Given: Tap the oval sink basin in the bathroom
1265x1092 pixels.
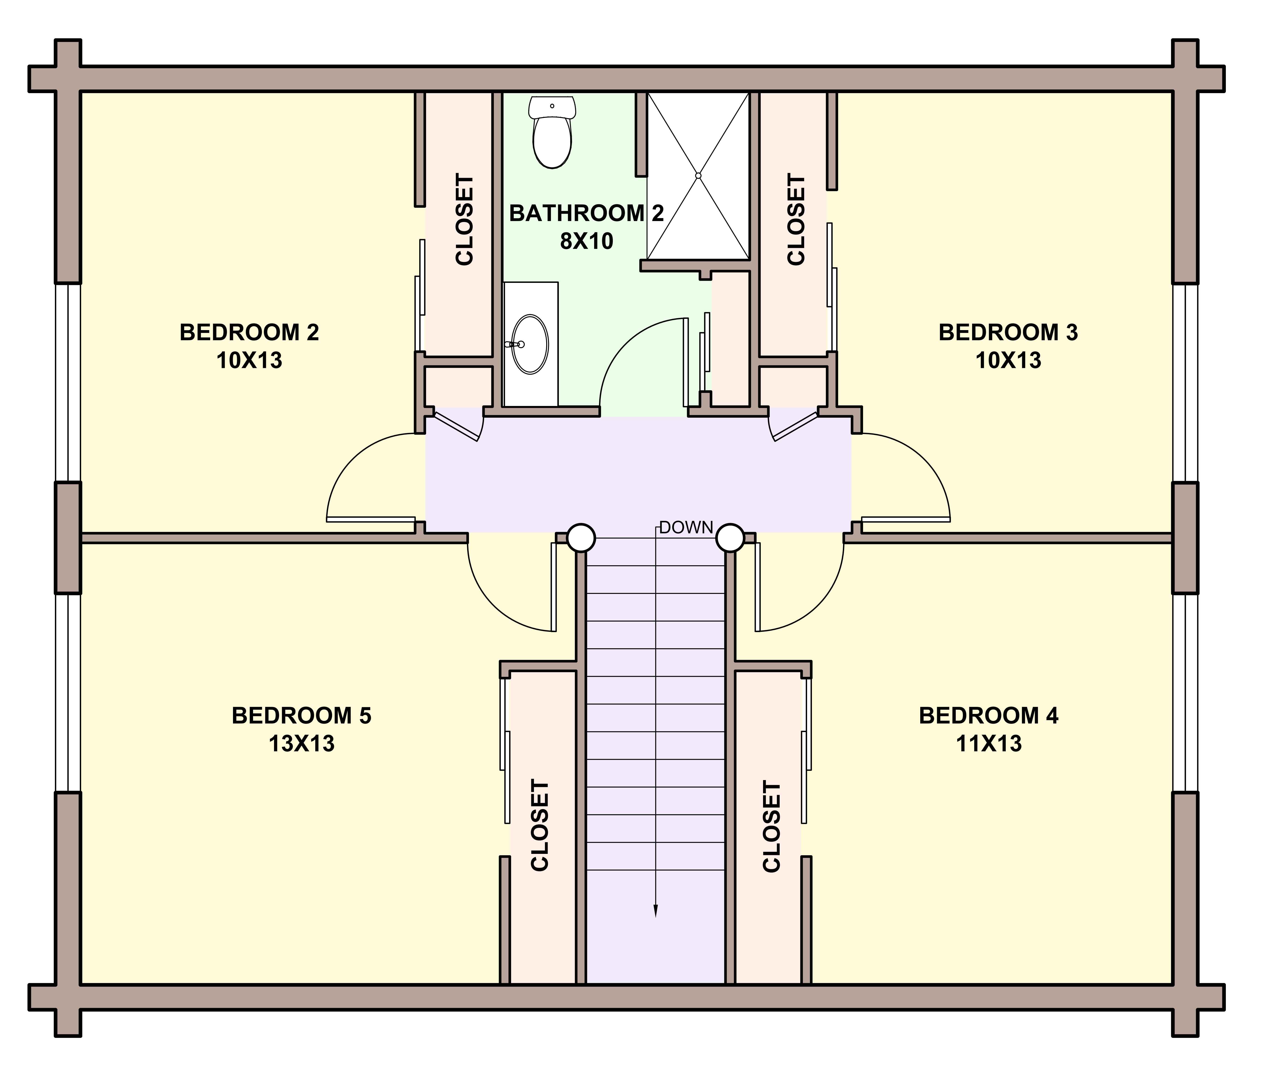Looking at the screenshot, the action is (x=530, y=344).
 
